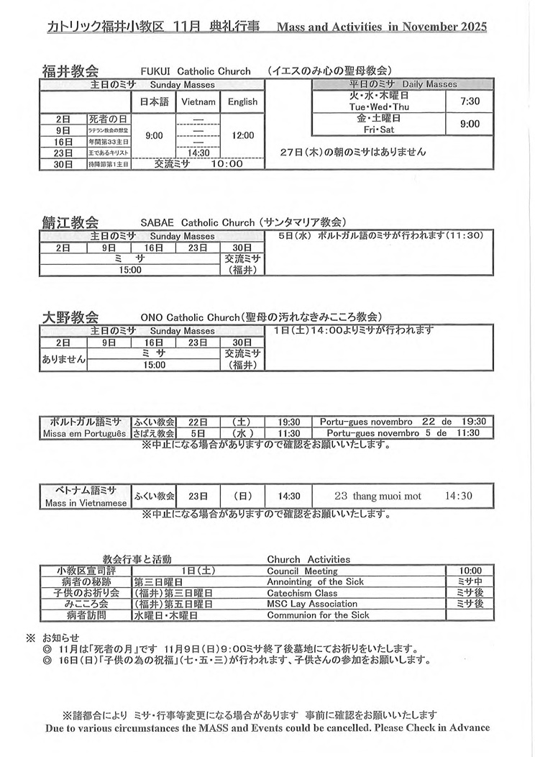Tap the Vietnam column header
click(x=198, y=102)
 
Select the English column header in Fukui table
click(x=242, y=102)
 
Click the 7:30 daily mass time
click(x=470, y=101)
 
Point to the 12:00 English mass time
click(x=242, y=135)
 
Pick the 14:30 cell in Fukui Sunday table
click(x=198, y=153)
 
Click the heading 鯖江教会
click(x=70, y=222)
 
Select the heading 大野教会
click(x=70, y=317)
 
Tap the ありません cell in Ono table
click(x=63, y=359)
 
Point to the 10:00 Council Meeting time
click(x=470, y=571)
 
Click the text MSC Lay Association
click(x=312, y=604)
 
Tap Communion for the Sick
click(x=318, y=615)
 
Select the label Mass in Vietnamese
click(x=86, y=503)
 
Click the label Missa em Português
click(x=85, y=434)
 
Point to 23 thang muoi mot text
click(x=378, y=497)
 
